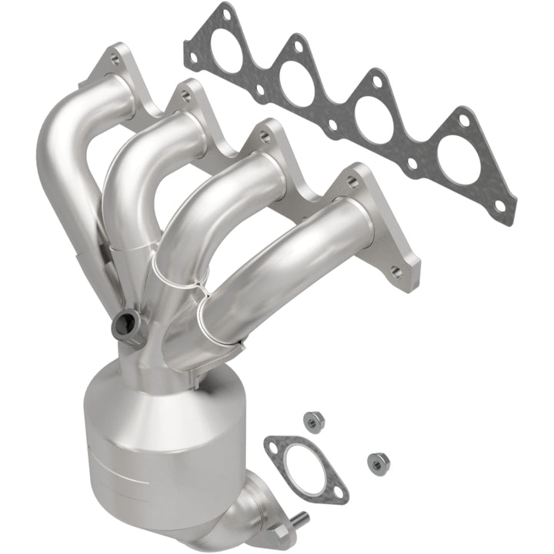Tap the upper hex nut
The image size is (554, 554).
click(x=312, y=421)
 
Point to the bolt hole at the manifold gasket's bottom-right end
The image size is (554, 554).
click(x=500, y=206)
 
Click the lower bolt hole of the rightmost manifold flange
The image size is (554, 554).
click(x=396, y=271)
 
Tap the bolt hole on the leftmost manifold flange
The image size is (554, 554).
click(x=115, y=58)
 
